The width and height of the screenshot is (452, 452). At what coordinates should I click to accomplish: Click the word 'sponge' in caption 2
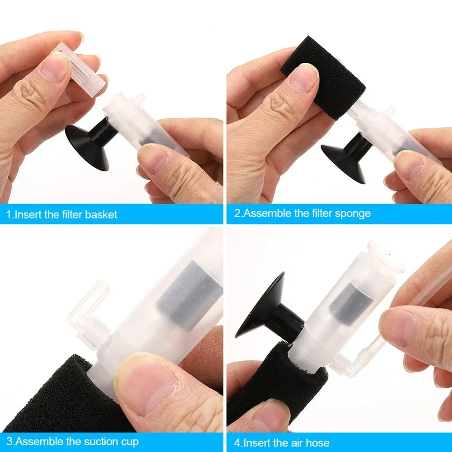[x=353, y=213]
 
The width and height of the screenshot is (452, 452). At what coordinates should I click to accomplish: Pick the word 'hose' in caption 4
[x=317, y=442]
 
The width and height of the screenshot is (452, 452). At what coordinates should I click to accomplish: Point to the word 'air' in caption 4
[x=296, y=442]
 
